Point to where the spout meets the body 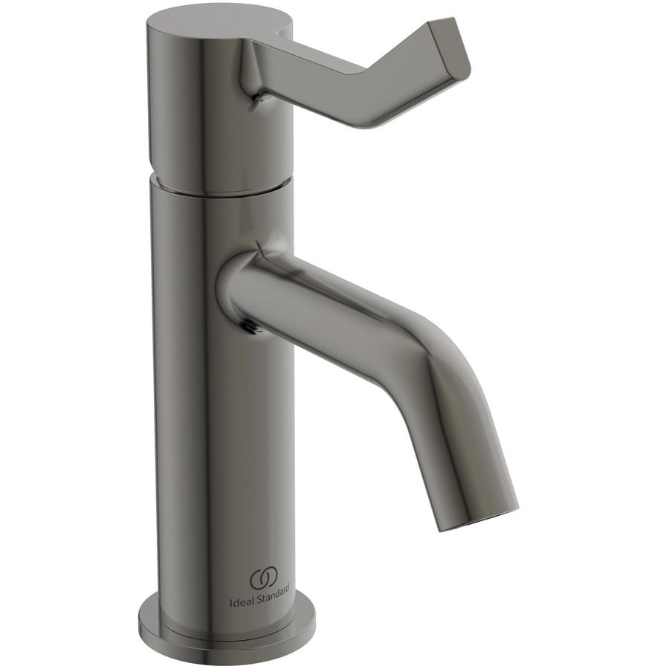227,290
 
